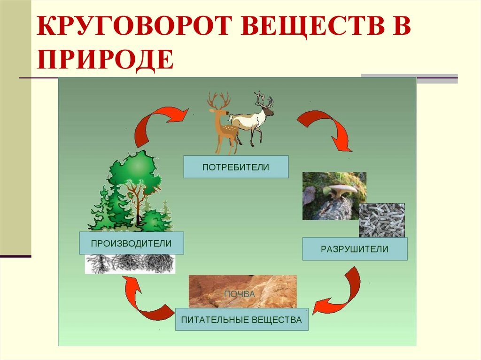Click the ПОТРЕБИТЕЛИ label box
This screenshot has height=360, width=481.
point(236,167)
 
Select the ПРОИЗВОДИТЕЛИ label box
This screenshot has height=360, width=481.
point(132,243)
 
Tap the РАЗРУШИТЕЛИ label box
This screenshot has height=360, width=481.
point(355,249)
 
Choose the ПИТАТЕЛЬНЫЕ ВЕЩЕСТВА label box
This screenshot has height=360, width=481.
point(242,320)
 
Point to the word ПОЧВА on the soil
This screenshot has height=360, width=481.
point(239,294)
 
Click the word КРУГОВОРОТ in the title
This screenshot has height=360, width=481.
point(133,26)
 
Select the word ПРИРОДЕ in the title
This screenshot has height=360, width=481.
point(105,60)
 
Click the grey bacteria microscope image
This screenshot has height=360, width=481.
point(382,220)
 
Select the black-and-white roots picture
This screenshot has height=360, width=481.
point(130,264)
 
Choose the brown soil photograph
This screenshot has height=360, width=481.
point(243,291)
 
